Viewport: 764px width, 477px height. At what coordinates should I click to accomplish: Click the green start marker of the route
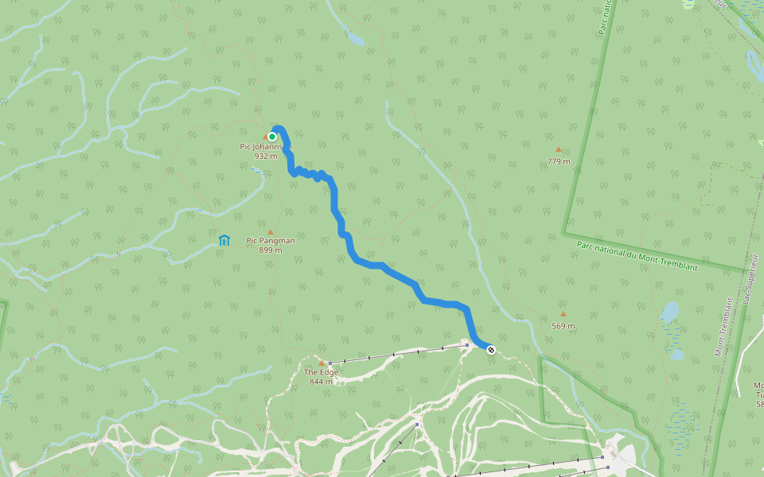(272, 137)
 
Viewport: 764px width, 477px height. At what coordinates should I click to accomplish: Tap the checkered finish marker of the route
(491, 349)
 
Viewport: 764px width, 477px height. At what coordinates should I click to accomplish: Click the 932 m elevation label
(265, 156)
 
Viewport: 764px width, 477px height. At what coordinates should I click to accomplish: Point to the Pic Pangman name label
(271, 240)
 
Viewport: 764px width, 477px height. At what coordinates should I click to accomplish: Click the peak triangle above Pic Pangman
(271, 231)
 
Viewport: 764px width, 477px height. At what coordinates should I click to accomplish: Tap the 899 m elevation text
(271, 250)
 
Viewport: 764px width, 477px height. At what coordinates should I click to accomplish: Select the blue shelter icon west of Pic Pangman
(224, 239)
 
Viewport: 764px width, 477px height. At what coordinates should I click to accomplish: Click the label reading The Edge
(322, 372)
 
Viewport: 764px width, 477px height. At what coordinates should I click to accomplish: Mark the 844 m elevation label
(322, 382)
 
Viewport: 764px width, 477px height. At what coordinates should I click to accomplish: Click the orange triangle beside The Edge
(322, 363)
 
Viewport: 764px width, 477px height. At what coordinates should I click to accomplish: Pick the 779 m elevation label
(559, 161)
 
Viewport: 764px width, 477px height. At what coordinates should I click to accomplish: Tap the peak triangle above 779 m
(559, 149)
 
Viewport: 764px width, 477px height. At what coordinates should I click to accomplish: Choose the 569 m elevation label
(563, 326)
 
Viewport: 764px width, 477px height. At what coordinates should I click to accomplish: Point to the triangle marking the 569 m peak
(563, 314)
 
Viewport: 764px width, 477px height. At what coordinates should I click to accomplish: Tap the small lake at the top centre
(355, 38)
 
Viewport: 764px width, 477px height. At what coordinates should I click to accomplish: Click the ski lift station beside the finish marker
(467, 345)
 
